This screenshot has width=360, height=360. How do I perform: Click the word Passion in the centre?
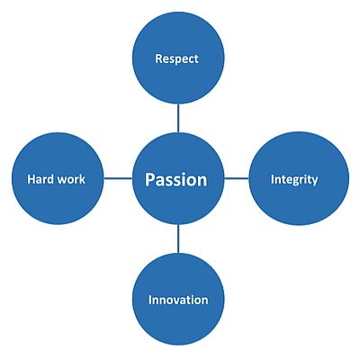pyautogui.click(x=176, y=180)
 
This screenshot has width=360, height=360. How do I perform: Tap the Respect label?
pyautogui.click(x=176, y=58)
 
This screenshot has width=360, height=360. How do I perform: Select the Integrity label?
pyautogui.click(x=294, y=180)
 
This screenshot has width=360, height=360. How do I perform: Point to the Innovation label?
pyautogui.click(x=178, y=300)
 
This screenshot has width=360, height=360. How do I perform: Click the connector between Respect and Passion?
pyautogui.click(x=178, y=118)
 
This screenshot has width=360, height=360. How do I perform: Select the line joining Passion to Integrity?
pyautogui.click(x=237, y=179)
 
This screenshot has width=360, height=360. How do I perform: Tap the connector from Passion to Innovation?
pyautogui.click(x=178, y=238)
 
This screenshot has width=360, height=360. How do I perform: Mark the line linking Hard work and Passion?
pyautogui.click(x=118, y=179)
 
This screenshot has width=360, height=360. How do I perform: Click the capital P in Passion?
pyautogui.click(x=149, y=180)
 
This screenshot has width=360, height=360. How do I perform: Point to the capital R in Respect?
pyautogui.click(x=159, y=58)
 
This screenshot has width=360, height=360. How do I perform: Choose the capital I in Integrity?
pyautogui.click(x=272, y=179)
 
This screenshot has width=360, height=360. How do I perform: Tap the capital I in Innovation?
pyautogui.click(x=150, y=300)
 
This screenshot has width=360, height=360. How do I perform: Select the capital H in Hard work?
pyautogui.click(x=31, y=179)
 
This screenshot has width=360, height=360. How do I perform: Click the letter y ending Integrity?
pyautogui.click(x=314, y=181)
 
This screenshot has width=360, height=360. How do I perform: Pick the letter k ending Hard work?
pyautogui.click(x=82, y=179)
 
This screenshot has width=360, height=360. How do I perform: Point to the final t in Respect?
pyautogui.click(x=196, y=59)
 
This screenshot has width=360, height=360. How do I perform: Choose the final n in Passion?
pyautogui.click(x=202, y=182)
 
